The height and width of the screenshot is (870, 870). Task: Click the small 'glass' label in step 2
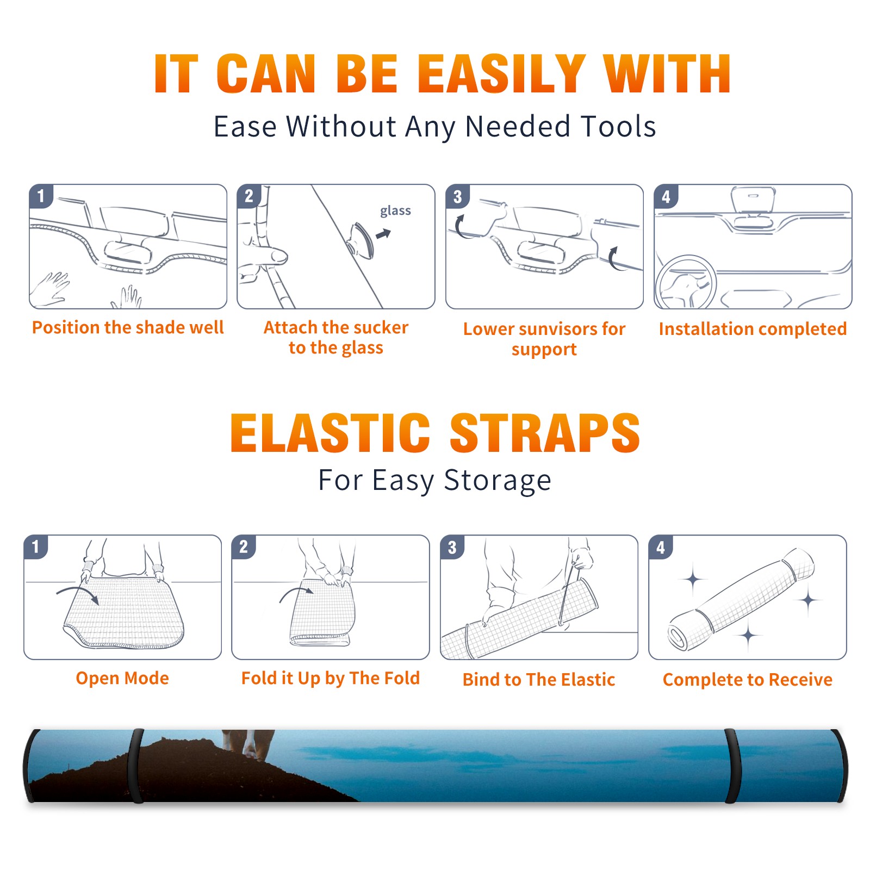[x=395, y=211]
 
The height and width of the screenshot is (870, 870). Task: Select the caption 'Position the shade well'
[x=128, y=327]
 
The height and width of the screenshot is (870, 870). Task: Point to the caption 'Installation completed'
[x=753, y=329]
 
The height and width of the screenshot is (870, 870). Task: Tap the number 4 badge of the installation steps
[x=666, y=196]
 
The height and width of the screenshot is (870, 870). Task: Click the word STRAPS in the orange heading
[x=545, y=433]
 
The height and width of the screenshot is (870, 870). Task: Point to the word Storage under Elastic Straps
[x=498, y=481]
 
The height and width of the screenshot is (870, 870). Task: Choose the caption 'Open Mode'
[x=122, y=678]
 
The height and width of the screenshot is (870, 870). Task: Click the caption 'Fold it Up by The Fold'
[x=331, y=678]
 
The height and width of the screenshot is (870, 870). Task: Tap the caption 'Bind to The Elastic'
[x=539, y=680]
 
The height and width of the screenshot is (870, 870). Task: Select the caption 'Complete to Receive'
[x=748, y=680]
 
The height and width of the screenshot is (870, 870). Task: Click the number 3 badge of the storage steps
[x=452, y=548]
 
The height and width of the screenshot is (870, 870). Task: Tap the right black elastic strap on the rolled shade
[x=732, y=766]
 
